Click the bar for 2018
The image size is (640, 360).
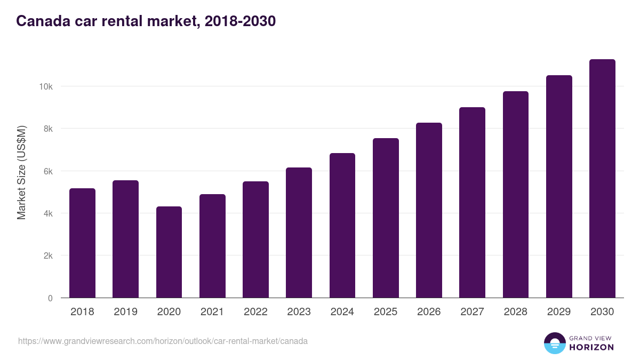(x=82, y=243)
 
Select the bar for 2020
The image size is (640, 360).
(x=169, y=252)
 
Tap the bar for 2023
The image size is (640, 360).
(x=299, y=233)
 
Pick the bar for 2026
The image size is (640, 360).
(x=429, y=210)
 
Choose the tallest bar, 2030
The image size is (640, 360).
(x=602, y=179)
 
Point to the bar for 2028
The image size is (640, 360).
(x=516, y=195)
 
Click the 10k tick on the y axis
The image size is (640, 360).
(x=44, y=86)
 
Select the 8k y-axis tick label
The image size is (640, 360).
(x=46, y=129)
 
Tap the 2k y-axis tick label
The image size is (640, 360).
(x=46, y=255)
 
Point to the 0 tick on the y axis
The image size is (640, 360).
(x=50, y=298)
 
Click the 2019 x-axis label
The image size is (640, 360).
(x=125, y=312)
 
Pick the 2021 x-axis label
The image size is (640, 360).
(x=212, y=312)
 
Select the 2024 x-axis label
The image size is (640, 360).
(x=342, y=312)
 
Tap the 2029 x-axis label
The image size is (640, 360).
(x=559, y=312)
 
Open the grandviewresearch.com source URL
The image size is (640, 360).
(x=163, y=341)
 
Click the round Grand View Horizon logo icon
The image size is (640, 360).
(x=554, y=343)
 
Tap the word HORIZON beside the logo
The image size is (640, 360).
(x=591, y=347)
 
